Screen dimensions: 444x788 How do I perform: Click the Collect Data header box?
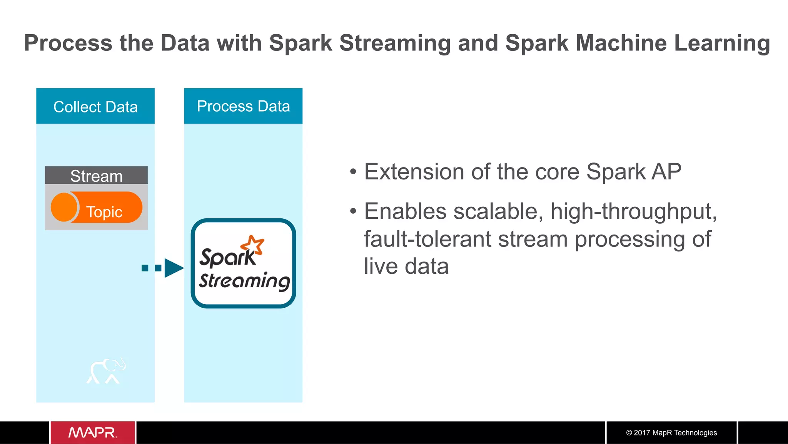95,106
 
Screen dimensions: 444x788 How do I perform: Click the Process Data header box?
243,106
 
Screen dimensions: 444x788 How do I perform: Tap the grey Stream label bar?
96,176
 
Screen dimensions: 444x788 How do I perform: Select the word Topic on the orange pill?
104,212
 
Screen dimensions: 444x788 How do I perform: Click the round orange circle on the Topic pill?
64,207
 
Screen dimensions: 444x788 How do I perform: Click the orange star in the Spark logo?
253,245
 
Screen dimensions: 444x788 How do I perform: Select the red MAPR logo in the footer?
93,432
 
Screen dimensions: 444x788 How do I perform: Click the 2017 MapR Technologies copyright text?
671,432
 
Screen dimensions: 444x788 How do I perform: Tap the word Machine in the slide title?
621,43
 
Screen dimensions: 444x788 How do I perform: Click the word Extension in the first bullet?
414,171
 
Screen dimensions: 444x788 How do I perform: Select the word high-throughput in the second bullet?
633,211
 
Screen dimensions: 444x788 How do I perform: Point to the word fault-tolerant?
427,239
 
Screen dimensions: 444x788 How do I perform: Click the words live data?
406,266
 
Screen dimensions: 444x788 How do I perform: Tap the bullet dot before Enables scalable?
353,211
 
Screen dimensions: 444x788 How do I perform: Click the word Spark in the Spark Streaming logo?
227,257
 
